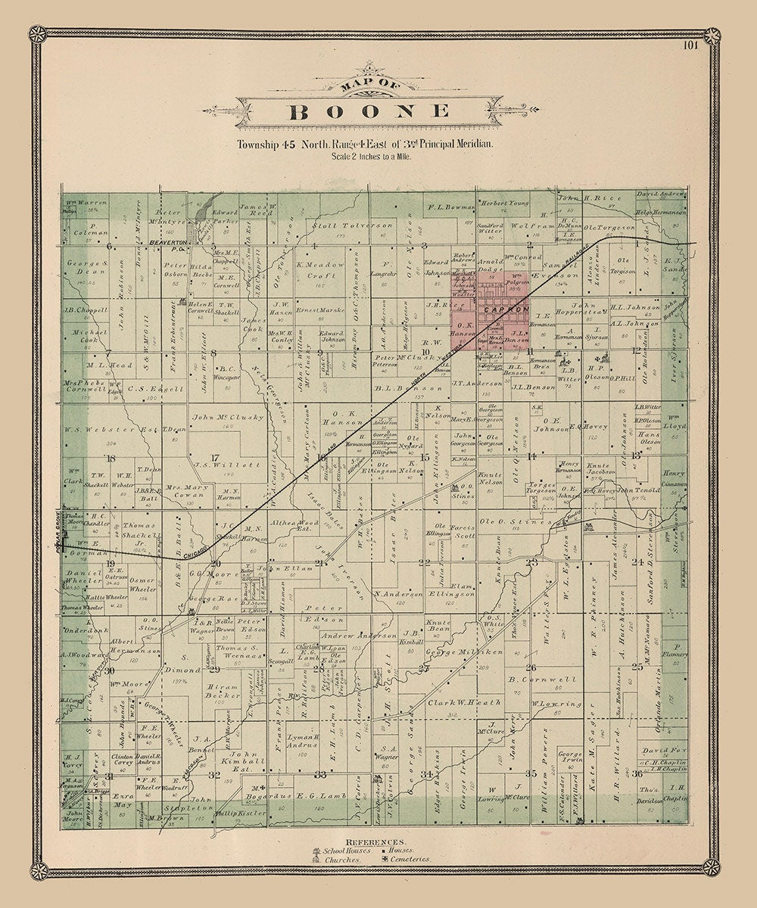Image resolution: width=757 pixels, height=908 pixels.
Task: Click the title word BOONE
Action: coord(370,112)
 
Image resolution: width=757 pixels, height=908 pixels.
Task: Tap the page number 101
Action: coord(689,45)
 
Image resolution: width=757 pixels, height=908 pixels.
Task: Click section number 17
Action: coord(214,458)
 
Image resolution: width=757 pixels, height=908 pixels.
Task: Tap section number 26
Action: coord(531,667)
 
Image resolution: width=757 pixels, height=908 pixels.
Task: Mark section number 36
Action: coord(638,774)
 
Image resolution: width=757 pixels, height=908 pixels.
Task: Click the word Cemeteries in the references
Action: coord(411,859)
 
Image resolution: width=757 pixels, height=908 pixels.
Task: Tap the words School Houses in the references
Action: coord(350,851)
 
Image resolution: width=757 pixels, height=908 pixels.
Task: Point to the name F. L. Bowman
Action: coord(452,206)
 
